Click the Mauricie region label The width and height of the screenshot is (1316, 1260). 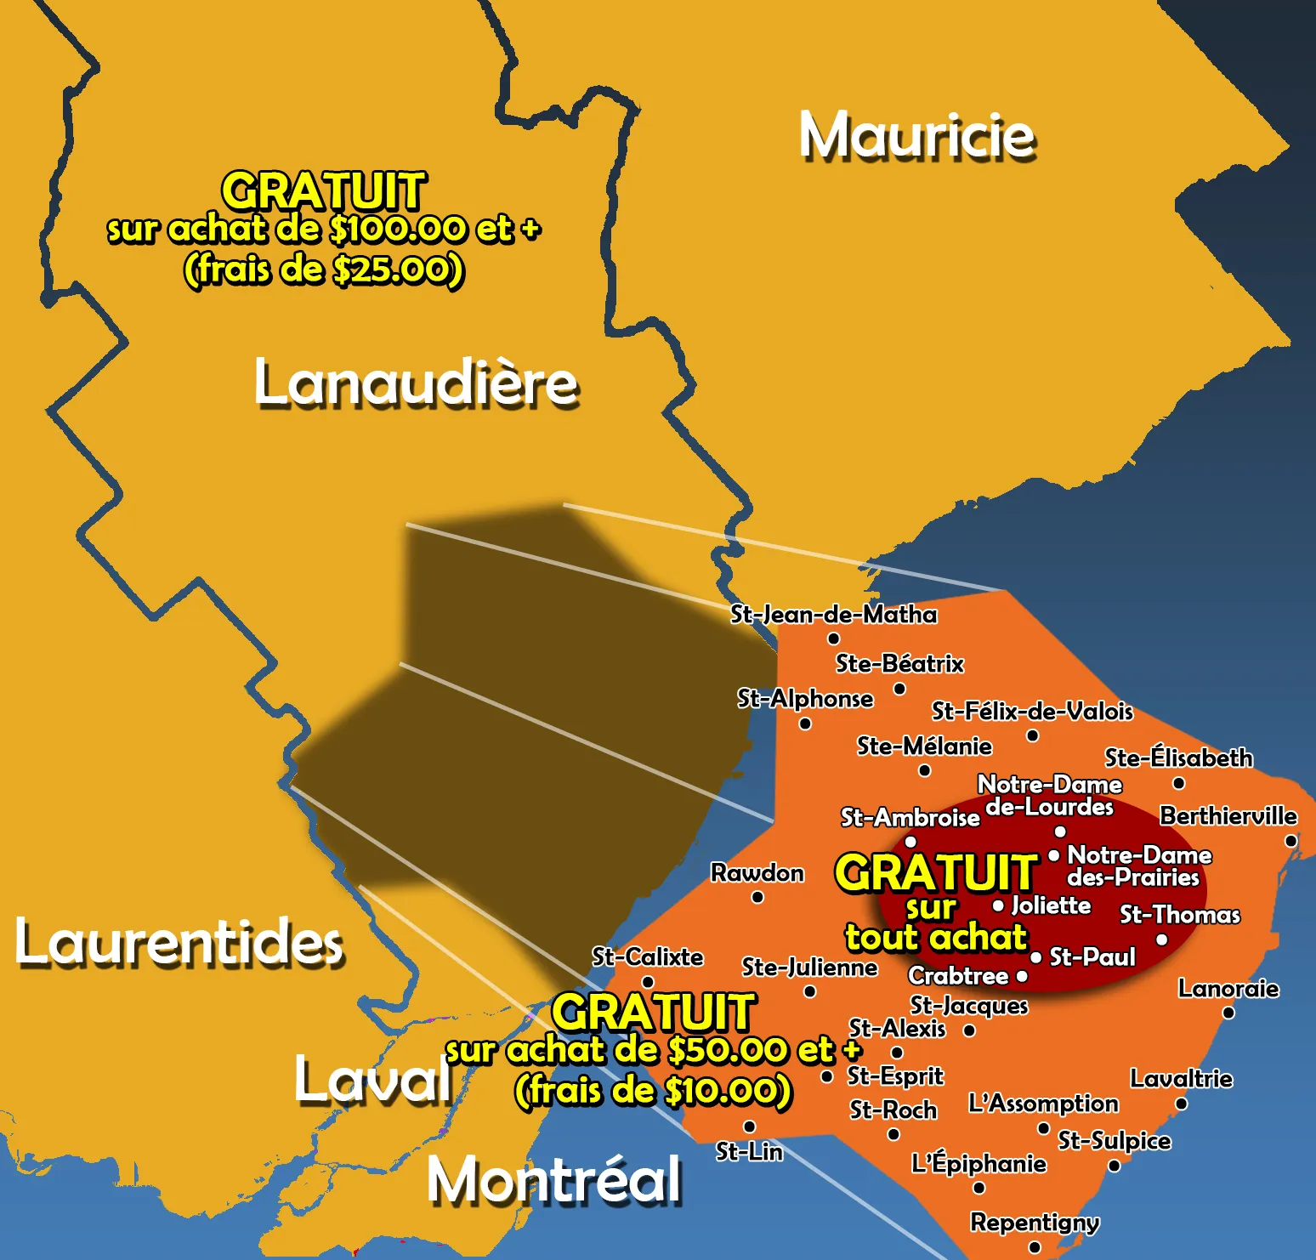click(x=917, y=136)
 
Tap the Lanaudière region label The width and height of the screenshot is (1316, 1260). click(x=416, y=383)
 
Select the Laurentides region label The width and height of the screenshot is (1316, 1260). click(x=179, y=943)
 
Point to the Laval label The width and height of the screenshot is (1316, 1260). click(x=373, y=1080)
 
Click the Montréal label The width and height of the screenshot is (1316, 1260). click(x=554, y=1180)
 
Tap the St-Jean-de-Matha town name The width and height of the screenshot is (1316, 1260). click(x=834, y=614)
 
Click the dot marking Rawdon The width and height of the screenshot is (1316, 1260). click(x=757, y=897)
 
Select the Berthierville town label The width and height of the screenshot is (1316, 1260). click(x=1228, y=816)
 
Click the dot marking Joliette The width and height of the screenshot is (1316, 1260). click(x=998, y=905)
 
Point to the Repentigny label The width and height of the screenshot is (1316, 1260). click(x=1035, y=1223)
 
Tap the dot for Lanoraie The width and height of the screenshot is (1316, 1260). click(x=1228, y=1013)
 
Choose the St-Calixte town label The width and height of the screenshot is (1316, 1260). click(x=648, y=957)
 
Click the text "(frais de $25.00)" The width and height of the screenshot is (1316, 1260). click(x=324, y=270)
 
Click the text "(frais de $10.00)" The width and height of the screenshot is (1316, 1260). click(x=653, y=1091)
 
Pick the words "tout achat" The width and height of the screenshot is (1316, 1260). click(x=936, y=938)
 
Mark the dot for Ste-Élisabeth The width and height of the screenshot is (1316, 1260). click(x=1178, y=783)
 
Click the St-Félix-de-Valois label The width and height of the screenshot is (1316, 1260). click(x=1032, y=711)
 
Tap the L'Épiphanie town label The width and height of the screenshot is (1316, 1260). click(x=978, y=1163)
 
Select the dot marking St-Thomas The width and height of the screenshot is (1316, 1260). click(x=1162, y=939)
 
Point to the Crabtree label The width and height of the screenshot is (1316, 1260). click(x=958, y=976)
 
